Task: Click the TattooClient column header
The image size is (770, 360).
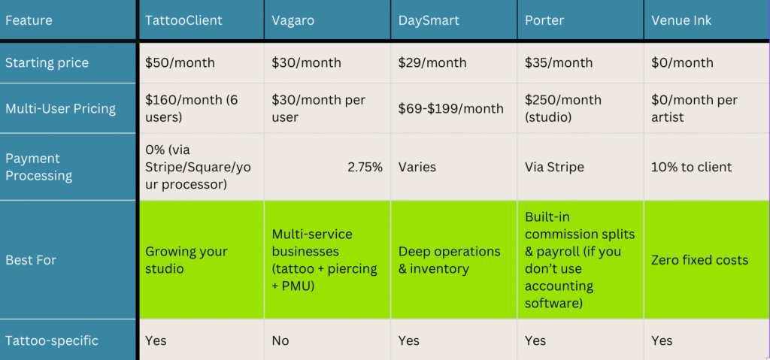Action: click(x=183, y=20)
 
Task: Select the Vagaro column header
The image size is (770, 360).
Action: click(x=293, y=20)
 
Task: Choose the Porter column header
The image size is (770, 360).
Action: click(x=544, y=20)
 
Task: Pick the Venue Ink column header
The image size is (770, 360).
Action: click(x=682, y=20)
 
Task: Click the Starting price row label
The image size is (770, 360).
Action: click(x=47, y=63)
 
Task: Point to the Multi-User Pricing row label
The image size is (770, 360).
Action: click(x=60, y=108)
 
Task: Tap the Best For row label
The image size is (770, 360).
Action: click(x=31, y=260)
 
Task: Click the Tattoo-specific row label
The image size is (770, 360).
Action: click(x=52, y=340)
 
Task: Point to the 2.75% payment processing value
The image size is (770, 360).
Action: click(x=365, y=167)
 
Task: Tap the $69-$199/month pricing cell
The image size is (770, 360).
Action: click(x=450, y=108)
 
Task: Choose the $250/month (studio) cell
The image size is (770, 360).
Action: click(x=562, y=108)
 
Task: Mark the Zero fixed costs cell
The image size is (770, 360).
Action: click(x=699, y=260)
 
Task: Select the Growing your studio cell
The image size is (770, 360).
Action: click(x=186, y=260)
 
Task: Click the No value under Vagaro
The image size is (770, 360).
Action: click(x=280, y=340)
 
